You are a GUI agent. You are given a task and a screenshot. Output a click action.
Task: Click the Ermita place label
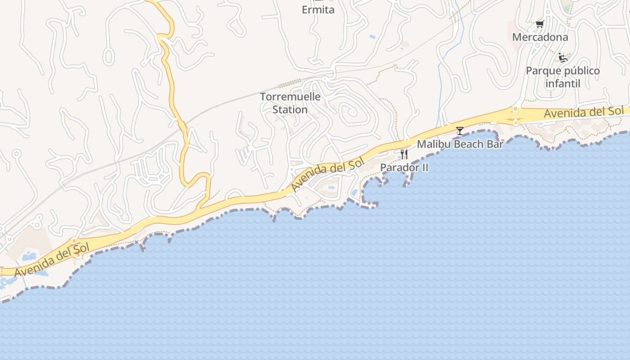[318, 10]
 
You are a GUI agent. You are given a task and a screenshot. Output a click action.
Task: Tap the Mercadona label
[540, 37]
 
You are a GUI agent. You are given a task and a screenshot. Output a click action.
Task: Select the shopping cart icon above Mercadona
[540, 24]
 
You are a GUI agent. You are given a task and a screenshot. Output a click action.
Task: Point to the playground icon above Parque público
[562, 57]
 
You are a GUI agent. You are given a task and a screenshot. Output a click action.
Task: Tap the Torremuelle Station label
[290, 103]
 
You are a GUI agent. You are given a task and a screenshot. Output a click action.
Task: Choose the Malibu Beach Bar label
[460, 144]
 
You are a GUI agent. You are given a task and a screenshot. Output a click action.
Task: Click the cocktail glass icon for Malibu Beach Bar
[459, 131]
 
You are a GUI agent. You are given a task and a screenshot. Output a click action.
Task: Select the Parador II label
[404, 168]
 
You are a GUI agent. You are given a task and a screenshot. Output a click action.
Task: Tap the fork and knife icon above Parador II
[404, 154]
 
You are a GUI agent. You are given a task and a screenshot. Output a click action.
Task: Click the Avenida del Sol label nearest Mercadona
[584, 112]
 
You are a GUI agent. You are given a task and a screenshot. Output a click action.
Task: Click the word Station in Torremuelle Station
[290, 109]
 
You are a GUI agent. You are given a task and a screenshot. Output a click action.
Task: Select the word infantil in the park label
[562, 83]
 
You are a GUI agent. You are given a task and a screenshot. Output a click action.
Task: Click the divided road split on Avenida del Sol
[514, 116]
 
